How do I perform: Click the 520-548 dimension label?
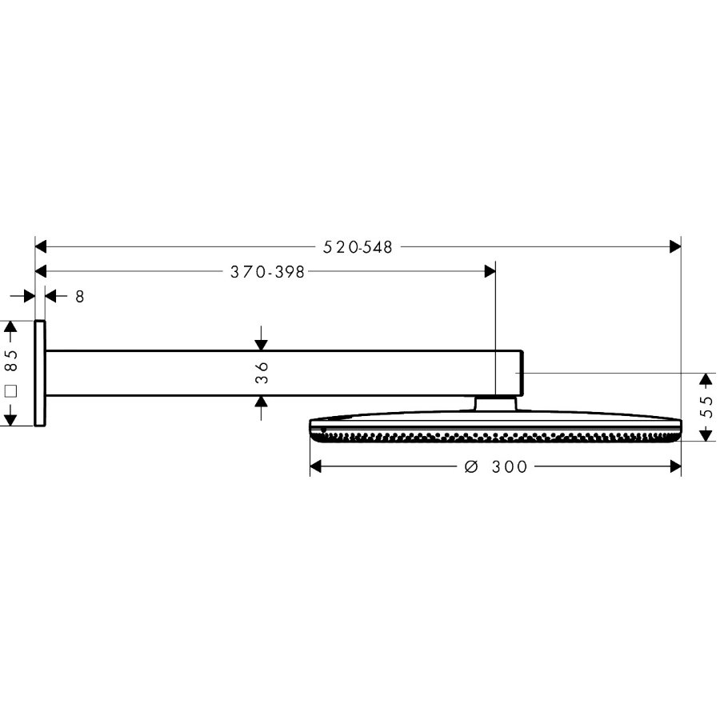[x=358, y=247]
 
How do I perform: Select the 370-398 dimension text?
[x=267, y=272]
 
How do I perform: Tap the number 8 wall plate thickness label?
[x=80, y=297]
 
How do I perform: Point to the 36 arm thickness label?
[x=262, y=372]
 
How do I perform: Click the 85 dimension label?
[x=11, y=361]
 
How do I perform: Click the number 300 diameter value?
[x=510, y=467]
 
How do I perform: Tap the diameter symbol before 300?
[x=471, y=467]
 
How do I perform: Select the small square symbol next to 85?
[x=11, y=391]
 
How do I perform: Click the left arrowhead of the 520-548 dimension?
[x=41, y=246]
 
